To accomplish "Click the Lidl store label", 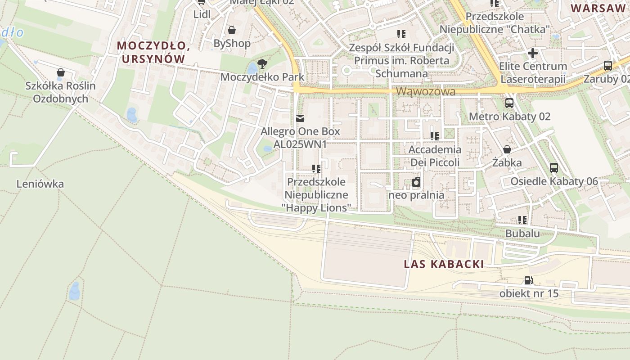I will [202, 14].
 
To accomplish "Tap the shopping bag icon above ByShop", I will [232, 30].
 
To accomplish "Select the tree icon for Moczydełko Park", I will [262, 63].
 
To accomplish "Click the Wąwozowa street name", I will [426, 91].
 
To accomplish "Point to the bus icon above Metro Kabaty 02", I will [509, 103].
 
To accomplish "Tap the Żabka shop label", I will [507, 162].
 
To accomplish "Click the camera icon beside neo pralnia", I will [416, 182].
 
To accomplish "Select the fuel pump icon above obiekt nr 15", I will [529, 280].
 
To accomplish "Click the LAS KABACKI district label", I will [444, 264].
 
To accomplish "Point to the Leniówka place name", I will [40, 184].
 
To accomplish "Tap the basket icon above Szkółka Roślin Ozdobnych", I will [60, 72].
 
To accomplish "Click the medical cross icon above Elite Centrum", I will [533, 54].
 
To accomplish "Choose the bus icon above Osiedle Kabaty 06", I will [554, 168].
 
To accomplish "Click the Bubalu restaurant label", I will [522, 234].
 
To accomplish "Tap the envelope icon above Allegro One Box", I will [300, 118].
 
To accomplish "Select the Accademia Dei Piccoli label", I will [435, 156].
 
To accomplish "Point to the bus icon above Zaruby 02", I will [608, 66].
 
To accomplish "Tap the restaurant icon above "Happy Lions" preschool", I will [316, 169].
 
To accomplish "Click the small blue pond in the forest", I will [75, 291].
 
